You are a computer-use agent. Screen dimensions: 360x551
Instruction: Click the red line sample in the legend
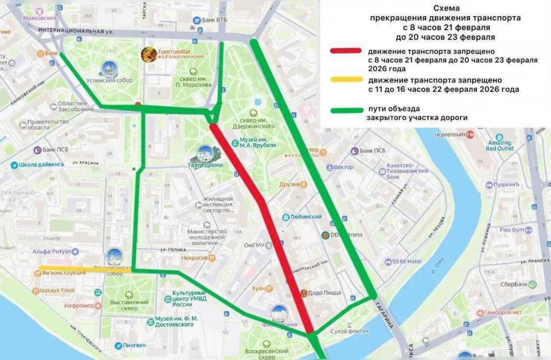pyautogui.click(x=346, y=50)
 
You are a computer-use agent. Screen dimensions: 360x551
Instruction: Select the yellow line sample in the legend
pyautogui.click(x=346, y=80)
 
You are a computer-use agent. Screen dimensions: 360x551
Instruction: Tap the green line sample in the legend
pyautogui.click(x=346, y=110)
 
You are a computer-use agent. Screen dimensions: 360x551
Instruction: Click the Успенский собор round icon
pyautogui.click(x=108, y=69)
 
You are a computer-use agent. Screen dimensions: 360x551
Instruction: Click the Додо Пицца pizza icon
pyautogui.click(x=304, y=293)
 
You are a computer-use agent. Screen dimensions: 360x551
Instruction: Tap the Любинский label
pyautogui.click(x=306, y=217)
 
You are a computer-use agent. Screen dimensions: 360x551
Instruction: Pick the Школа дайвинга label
pyautogui.click(x=40, y=165)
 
